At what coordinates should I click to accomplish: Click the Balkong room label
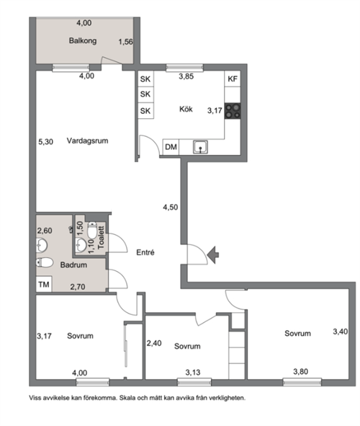[83, 41]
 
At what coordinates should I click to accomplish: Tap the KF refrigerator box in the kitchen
[233, 79]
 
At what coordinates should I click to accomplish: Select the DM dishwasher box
[171, 147]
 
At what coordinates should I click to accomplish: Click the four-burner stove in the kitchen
[233, 111]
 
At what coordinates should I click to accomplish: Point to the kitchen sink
[200, 147]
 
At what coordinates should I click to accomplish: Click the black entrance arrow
[213, 255]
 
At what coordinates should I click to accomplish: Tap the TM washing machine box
[44, 285]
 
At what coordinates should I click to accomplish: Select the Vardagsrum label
[87, 141]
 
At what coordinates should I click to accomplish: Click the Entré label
[145, 252]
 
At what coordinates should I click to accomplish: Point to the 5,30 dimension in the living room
[45, 141]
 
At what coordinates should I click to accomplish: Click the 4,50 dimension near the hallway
[171, 208]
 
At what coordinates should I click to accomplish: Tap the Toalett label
[101, 237]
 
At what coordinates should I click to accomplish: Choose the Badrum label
[73, 265]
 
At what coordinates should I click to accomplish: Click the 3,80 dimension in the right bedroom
[300, 371]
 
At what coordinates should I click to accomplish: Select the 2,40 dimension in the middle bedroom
[154, 343]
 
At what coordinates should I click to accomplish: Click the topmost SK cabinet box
[145, 79]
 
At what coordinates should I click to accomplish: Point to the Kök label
[186, 109]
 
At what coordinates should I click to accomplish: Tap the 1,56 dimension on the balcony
[125, 42]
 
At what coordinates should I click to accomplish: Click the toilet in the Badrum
[44, 262]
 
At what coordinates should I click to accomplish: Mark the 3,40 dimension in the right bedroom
[341, 332]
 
